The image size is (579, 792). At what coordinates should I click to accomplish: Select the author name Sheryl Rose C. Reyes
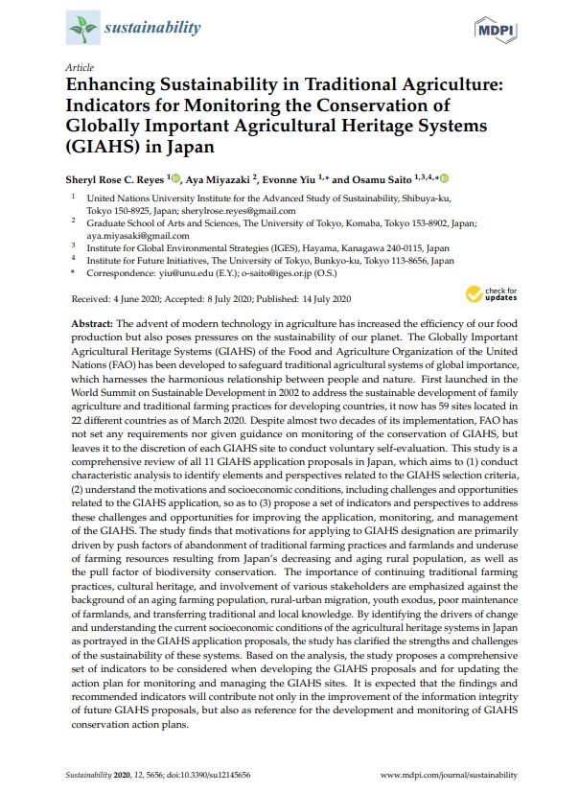tap(115, 178)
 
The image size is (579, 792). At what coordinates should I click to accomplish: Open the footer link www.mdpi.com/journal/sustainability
tap(449, 772)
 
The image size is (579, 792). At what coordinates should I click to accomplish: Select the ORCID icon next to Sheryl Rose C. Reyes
tap(176, 177)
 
